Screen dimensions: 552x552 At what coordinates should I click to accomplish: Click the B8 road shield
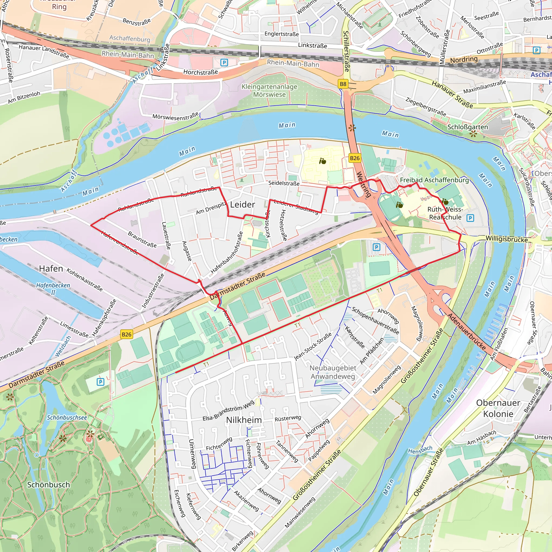(343, 84)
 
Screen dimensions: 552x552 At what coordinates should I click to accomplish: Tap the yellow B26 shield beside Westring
(355, 158)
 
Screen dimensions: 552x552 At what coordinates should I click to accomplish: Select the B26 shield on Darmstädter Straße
(127, 334)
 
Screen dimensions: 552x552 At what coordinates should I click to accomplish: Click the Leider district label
(242, 205)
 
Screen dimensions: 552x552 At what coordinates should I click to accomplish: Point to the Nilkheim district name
(244, 420)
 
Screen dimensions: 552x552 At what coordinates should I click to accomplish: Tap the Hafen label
(51, 268)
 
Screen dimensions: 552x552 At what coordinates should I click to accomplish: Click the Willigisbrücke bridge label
(506, 239)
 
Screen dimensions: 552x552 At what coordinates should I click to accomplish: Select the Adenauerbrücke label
(466, 332)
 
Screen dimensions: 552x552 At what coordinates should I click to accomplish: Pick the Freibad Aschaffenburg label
(434, 180)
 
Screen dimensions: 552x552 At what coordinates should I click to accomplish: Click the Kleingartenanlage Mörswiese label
(270, 91)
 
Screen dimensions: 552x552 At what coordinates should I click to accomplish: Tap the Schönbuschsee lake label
(67, 418)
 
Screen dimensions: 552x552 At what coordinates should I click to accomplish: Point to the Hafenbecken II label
(53, 289)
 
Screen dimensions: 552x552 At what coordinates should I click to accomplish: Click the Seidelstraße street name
(284, 183)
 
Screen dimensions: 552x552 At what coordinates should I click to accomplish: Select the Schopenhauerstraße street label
(375, 320)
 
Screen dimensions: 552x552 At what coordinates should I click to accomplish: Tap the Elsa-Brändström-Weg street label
(228, 410)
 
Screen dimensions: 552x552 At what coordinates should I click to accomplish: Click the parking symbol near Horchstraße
(224, 63)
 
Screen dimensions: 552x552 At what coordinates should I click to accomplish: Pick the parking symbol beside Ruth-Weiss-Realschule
(470, 218)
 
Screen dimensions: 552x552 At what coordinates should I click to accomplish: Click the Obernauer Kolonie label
(498, 408)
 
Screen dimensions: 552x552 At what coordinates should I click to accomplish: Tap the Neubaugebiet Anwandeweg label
(333, 372)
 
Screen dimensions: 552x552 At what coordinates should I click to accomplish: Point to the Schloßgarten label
(467, 127)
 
